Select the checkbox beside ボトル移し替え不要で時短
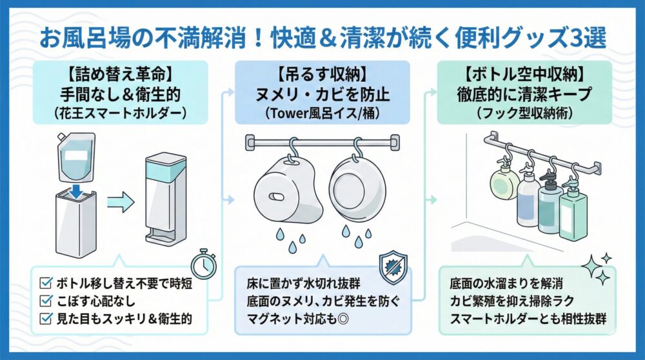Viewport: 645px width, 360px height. tap(45, 282)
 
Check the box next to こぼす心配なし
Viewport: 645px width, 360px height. tap(45, 299)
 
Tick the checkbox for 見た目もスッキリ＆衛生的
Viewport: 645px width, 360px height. tap(45, 317)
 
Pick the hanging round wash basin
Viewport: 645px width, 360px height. tap(357, 190)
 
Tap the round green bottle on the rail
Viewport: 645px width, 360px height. tap(504, 184)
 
